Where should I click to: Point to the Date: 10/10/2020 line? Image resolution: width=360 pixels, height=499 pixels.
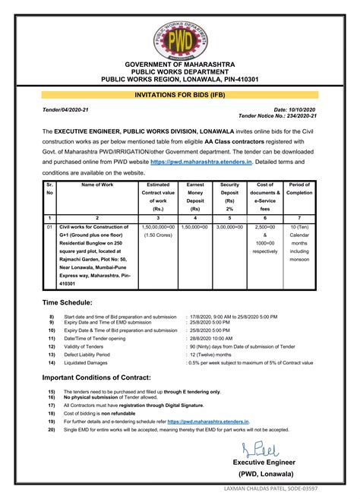[295, 110]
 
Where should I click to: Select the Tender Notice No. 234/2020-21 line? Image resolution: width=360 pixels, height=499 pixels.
[277, 117]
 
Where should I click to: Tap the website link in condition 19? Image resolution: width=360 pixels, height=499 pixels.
[208, 420]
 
